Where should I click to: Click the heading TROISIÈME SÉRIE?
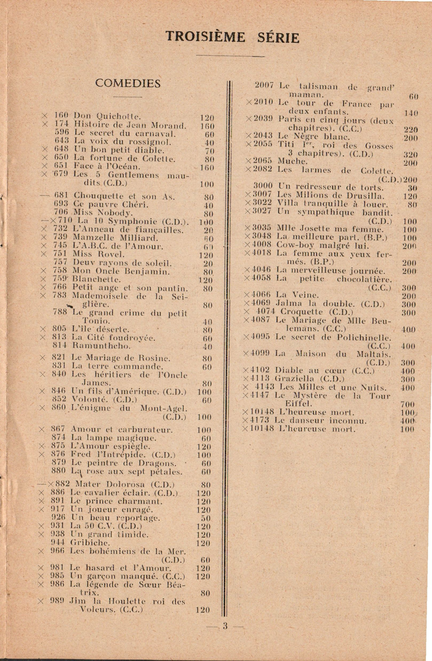[233, 38]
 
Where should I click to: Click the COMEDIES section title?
[128, 84]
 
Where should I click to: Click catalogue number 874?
[58, 438]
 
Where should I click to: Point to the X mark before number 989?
[40, 601]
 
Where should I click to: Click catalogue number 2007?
[264, 85]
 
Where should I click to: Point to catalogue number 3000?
[263, 186]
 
